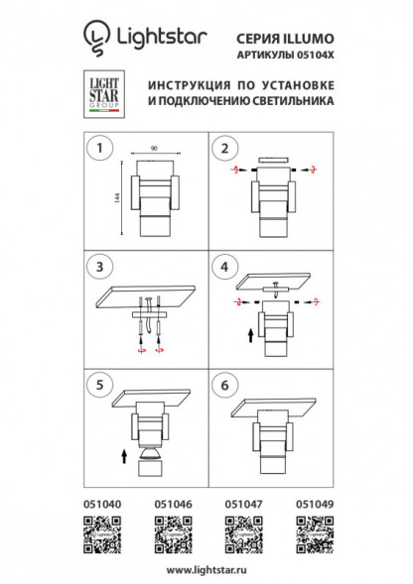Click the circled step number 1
(x=97, y=149)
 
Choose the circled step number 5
(x=97, y=382)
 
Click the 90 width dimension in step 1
(x=153, y=148)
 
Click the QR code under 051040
(x=100, y=536)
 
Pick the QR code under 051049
(x=314, y=536)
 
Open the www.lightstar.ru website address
(x=206, y=570)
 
